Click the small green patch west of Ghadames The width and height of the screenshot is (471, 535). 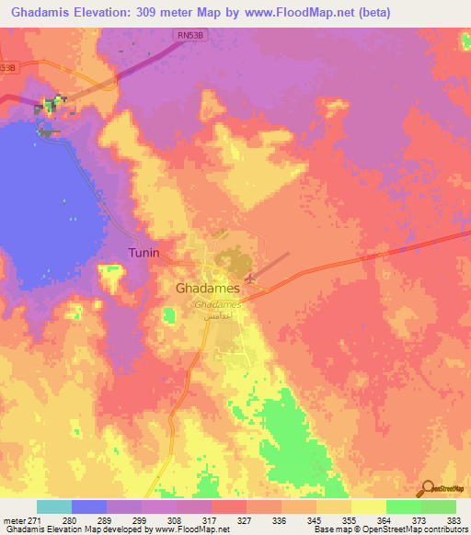coord(168,316)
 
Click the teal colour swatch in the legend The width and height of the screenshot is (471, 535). coord(54,507)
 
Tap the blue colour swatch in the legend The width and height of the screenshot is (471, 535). coord(89,507)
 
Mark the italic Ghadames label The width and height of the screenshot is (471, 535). coord(217,303)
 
